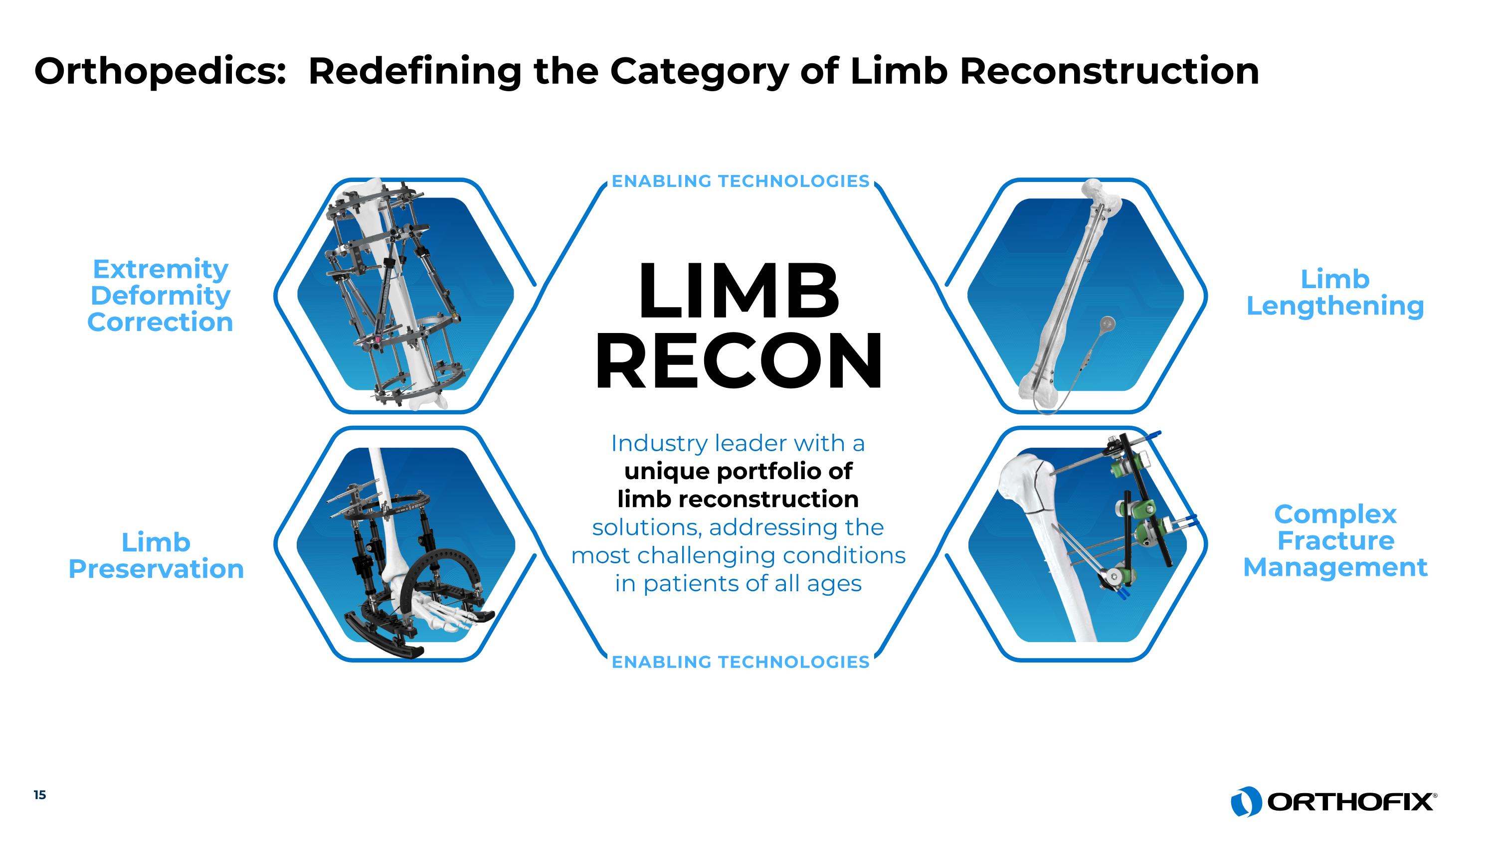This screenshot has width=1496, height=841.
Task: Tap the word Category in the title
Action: tap(699, 71)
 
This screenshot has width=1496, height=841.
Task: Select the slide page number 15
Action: tap(39, 795)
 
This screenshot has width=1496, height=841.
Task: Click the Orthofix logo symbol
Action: tap(1245, 802)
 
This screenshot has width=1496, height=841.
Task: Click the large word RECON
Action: tap(739, 361)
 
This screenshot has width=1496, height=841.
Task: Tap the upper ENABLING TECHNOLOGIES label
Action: tap(741, 181)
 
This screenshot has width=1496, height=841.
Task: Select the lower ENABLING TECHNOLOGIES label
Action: tap(741, 662)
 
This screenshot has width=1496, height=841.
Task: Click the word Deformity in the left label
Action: tap(160, 296)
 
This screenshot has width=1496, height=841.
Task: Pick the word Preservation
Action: tap(156, 569)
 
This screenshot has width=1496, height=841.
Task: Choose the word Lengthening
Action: tap(1335, 307)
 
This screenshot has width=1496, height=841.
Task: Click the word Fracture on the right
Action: tap(1335, 541)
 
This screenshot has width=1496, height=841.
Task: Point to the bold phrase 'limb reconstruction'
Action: tap(738, 499)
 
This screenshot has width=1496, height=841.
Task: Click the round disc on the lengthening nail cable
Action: tap(1108, 323)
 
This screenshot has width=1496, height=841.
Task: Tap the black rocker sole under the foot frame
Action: tap(383, 636)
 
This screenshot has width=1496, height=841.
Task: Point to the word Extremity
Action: tap(160, 269)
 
